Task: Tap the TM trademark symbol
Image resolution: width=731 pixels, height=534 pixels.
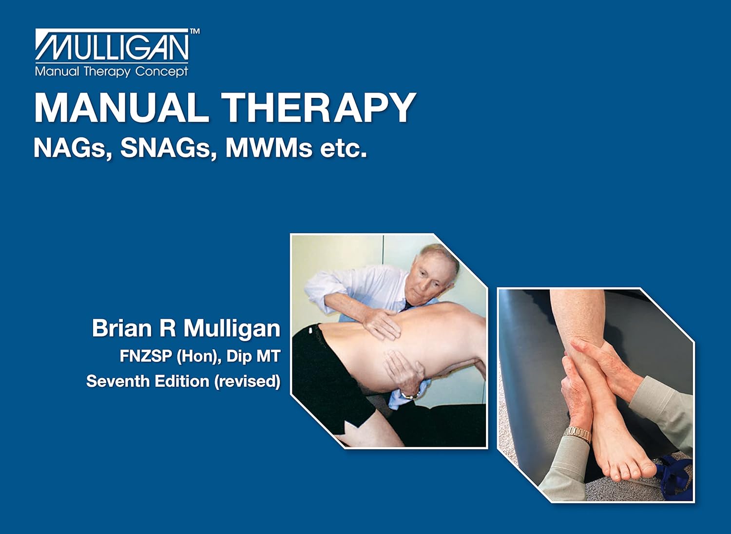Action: coord(194,31)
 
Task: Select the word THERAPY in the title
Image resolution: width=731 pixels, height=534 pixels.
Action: coord(319,108)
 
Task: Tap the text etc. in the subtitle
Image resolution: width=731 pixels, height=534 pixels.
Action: coord(343,149)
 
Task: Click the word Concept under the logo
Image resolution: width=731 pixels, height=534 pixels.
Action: coord(161,72)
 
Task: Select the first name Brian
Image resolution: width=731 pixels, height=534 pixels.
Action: coord(122,328)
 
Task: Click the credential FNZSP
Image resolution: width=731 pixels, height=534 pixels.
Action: coord(146,356)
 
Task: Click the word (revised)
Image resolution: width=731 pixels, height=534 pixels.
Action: coord(248,381)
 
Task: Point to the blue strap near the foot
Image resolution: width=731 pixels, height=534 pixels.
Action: coord(675,475)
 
